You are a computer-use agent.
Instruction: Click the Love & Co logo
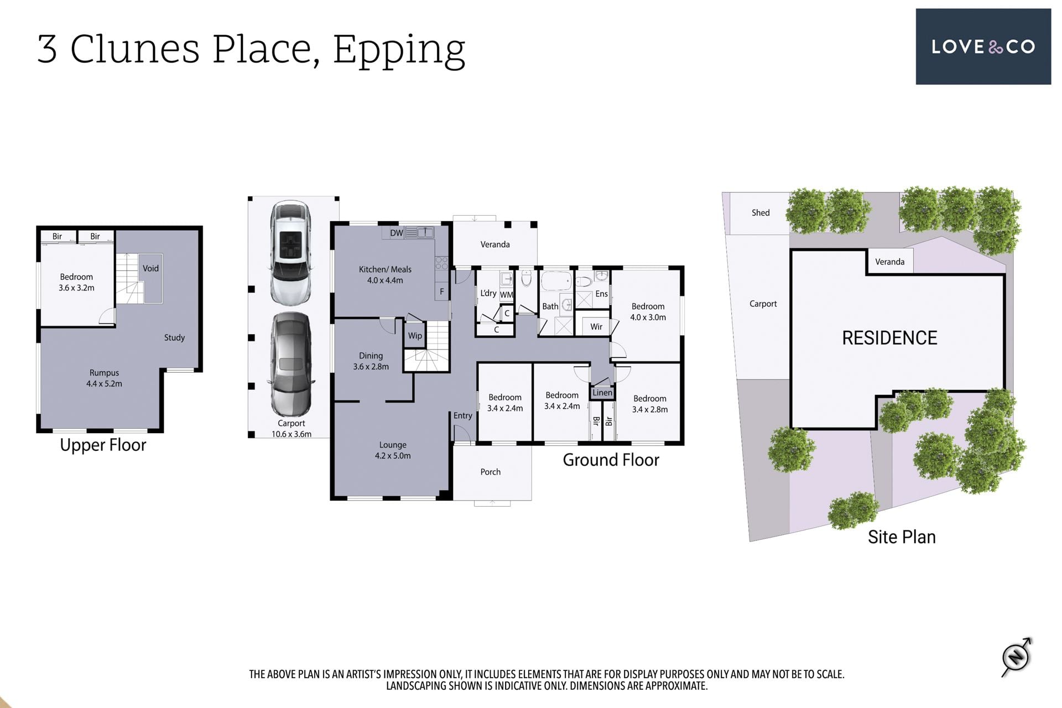point(983,46)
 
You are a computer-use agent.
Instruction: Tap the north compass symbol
point(1017,657)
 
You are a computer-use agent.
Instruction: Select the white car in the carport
point(291,252)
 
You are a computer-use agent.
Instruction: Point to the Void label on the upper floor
point(150,268)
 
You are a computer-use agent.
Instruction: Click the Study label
point(174,337)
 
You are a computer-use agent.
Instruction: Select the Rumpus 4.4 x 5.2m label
point(104,378)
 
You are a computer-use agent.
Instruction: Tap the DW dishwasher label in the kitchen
point(397,233)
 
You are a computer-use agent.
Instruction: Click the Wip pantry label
point(415,336)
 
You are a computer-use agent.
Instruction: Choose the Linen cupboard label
point(602,393)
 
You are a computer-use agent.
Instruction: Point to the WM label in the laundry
point(507,295)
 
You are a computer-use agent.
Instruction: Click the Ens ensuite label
point(602,294)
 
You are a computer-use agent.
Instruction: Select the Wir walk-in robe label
point(596,326)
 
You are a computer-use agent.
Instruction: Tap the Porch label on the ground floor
point(490,472)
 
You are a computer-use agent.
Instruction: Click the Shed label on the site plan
point(761,212)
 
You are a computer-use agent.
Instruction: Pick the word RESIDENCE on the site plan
point(889,338)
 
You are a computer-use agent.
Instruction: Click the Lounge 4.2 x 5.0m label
point(393,450)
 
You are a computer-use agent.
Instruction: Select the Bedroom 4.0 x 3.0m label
point(648,311)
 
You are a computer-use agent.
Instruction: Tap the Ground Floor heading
point(611,460)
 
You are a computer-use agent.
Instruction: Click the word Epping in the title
point(399,50)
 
